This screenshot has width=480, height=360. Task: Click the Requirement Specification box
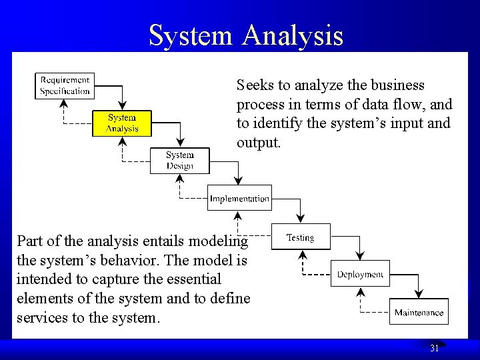click(x=64, y=86)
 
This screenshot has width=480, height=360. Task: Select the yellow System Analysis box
click(x=122, y=123)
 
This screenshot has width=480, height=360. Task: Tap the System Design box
click(x=179, y=161)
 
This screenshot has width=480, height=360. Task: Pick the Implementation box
click(x=239, y=198)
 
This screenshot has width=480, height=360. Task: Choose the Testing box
click(x=300, y=237)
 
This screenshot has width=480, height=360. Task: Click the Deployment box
click(x=360, y=274)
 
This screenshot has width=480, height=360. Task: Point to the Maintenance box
click(x=419, y=312)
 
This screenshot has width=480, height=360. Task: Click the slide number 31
click(x=434, y=348)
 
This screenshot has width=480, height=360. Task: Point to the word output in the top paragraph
click(x=258, y=143)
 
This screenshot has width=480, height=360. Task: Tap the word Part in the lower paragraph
click(x=30, y=241)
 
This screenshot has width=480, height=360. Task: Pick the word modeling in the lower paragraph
click(x=218, y=241)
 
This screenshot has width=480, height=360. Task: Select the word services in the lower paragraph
click(x=42, y=317)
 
